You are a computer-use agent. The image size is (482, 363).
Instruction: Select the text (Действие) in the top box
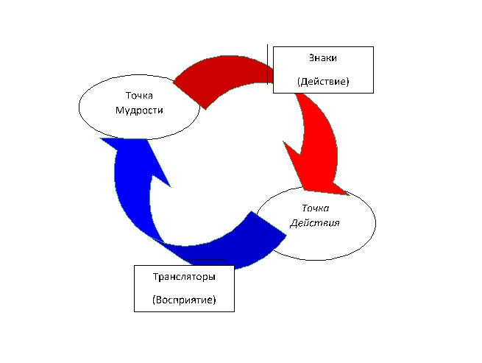(x=323, y=82)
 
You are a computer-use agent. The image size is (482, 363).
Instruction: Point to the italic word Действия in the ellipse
(x=314, y=222)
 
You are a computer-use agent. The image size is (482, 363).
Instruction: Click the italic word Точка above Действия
(x=314, y=208)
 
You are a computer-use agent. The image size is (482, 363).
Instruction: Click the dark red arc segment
(x=221, y=77)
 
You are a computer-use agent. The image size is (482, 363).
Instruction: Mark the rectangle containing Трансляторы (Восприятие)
(x=151, y=289)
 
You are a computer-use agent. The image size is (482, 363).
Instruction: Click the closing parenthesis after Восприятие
(x=214, y=300)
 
